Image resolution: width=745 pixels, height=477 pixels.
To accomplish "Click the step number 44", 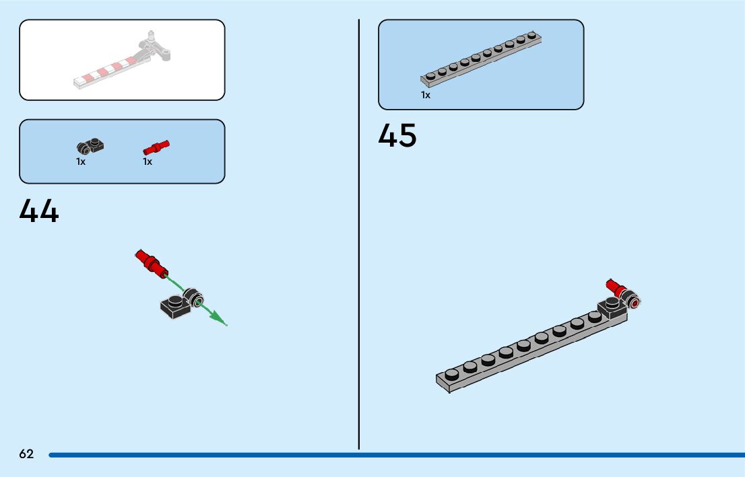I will pos(39,211).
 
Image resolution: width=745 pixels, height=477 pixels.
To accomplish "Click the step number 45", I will pos(397,136).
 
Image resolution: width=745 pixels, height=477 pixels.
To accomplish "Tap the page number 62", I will pos(26,454).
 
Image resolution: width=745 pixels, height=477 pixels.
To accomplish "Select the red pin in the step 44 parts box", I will pos(156,147).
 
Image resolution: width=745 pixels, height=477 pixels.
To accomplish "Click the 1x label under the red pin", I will pos(148,161).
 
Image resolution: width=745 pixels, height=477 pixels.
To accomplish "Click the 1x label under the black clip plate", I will pos(81,161).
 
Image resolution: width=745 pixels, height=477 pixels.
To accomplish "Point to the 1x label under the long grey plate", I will pos(426,96).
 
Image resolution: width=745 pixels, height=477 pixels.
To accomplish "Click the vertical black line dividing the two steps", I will pos(359,235).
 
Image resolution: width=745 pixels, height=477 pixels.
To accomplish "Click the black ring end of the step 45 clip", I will pos(634,302).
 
